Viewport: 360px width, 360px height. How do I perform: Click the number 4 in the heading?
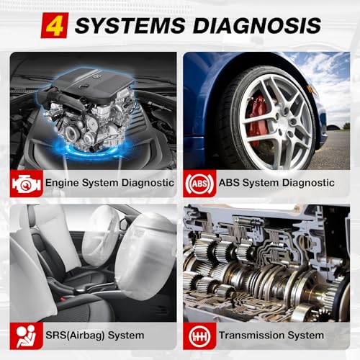54,25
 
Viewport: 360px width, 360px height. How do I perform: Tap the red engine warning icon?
26,183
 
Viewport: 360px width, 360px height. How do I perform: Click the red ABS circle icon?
199,183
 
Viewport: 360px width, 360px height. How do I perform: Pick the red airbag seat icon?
26,335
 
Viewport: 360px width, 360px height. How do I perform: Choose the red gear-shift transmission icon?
199,335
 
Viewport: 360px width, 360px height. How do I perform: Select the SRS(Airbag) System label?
94,335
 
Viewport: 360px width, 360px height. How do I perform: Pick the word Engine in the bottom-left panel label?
62,183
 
